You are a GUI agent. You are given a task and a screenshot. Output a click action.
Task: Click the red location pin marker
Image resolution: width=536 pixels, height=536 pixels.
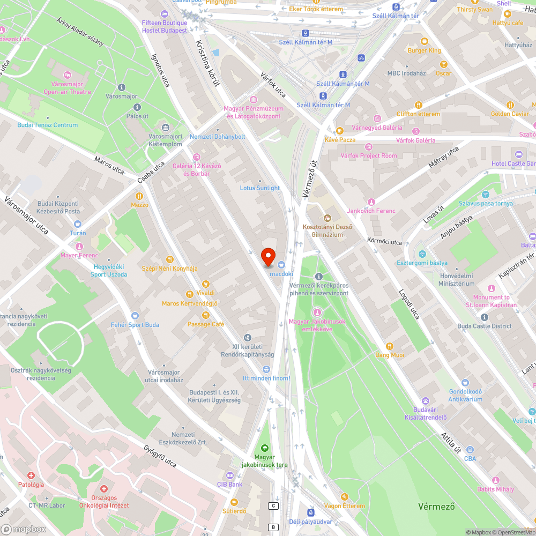point(268,257)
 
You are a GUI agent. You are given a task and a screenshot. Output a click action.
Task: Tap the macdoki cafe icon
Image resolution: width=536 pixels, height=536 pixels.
point(281,264)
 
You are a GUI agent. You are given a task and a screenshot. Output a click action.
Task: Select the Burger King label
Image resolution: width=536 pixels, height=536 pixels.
point(424,50)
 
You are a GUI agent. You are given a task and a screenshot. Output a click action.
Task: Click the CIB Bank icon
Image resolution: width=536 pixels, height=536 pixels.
point(230,475)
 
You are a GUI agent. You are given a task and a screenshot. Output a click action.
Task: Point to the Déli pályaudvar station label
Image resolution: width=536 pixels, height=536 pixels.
point(310,522)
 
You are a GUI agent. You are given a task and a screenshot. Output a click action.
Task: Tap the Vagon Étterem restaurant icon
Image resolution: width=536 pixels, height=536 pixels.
point(344,497)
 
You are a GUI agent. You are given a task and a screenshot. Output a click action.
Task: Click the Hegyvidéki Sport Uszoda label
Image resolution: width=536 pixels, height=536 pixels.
point(109,270)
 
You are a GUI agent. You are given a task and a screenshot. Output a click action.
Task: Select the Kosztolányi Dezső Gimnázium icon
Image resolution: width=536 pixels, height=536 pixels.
point(327,218)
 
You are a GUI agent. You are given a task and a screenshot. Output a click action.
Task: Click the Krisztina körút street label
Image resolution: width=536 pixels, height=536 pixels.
point(208,67)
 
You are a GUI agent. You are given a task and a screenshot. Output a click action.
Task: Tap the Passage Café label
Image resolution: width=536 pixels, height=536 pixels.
point(206,324)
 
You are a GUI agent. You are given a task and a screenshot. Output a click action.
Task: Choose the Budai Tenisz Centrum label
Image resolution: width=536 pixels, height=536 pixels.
point(48,125)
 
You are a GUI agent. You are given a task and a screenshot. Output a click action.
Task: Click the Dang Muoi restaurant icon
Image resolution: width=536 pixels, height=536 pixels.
point(390,346)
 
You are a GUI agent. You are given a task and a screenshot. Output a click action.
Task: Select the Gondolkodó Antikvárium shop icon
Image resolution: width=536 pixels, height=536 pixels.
point(465,383)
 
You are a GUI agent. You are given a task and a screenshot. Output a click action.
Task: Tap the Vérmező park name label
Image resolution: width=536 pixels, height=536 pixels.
point(436,506)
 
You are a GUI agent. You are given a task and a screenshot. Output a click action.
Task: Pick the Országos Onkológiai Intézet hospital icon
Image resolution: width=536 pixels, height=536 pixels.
point(104,489)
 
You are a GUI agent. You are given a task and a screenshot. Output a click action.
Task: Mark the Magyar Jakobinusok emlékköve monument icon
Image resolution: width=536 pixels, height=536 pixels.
point(317,312)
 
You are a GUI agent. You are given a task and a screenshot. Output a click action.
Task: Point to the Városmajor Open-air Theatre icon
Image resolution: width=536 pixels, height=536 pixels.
point(67,75)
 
